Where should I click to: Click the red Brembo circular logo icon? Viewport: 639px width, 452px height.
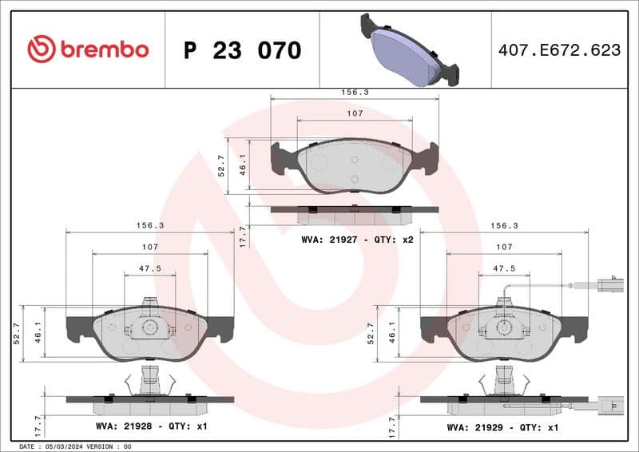pyautogui.click(x=42, y=50)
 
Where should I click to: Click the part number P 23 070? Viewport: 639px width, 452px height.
pyautogui.click(x=242, y=50)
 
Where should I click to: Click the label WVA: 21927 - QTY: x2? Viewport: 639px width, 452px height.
pyautogui.click(x=357, y=239)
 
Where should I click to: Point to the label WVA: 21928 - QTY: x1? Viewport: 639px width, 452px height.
pyautogui.click(x=151, y=426)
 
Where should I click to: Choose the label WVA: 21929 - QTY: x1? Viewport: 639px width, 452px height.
pyautogui.click(x=502, y=427)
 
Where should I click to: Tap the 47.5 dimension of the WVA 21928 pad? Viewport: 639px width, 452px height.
pyautogui.click(x=149, y=269)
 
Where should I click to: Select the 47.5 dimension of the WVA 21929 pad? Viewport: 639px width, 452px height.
pyautogui.click(x=503, y=269)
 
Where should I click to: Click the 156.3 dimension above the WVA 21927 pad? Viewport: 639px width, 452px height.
pyautogui.click(x=355, y=93)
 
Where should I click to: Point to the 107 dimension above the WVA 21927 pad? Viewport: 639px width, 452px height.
pyautogui.click(x=355, y=113)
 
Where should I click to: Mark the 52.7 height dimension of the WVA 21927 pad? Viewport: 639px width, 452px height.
pyautogui.click(x=221, y=166)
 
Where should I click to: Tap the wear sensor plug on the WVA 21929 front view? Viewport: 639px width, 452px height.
pyautogui.click(x=609, y=282)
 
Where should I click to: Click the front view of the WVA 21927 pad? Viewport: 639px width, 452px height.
pyautogui.click(x=355, y=166)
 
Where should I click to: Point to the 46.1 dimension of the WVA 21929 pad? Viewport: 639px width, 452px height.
pyautogui.click(x=391, y=333)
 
